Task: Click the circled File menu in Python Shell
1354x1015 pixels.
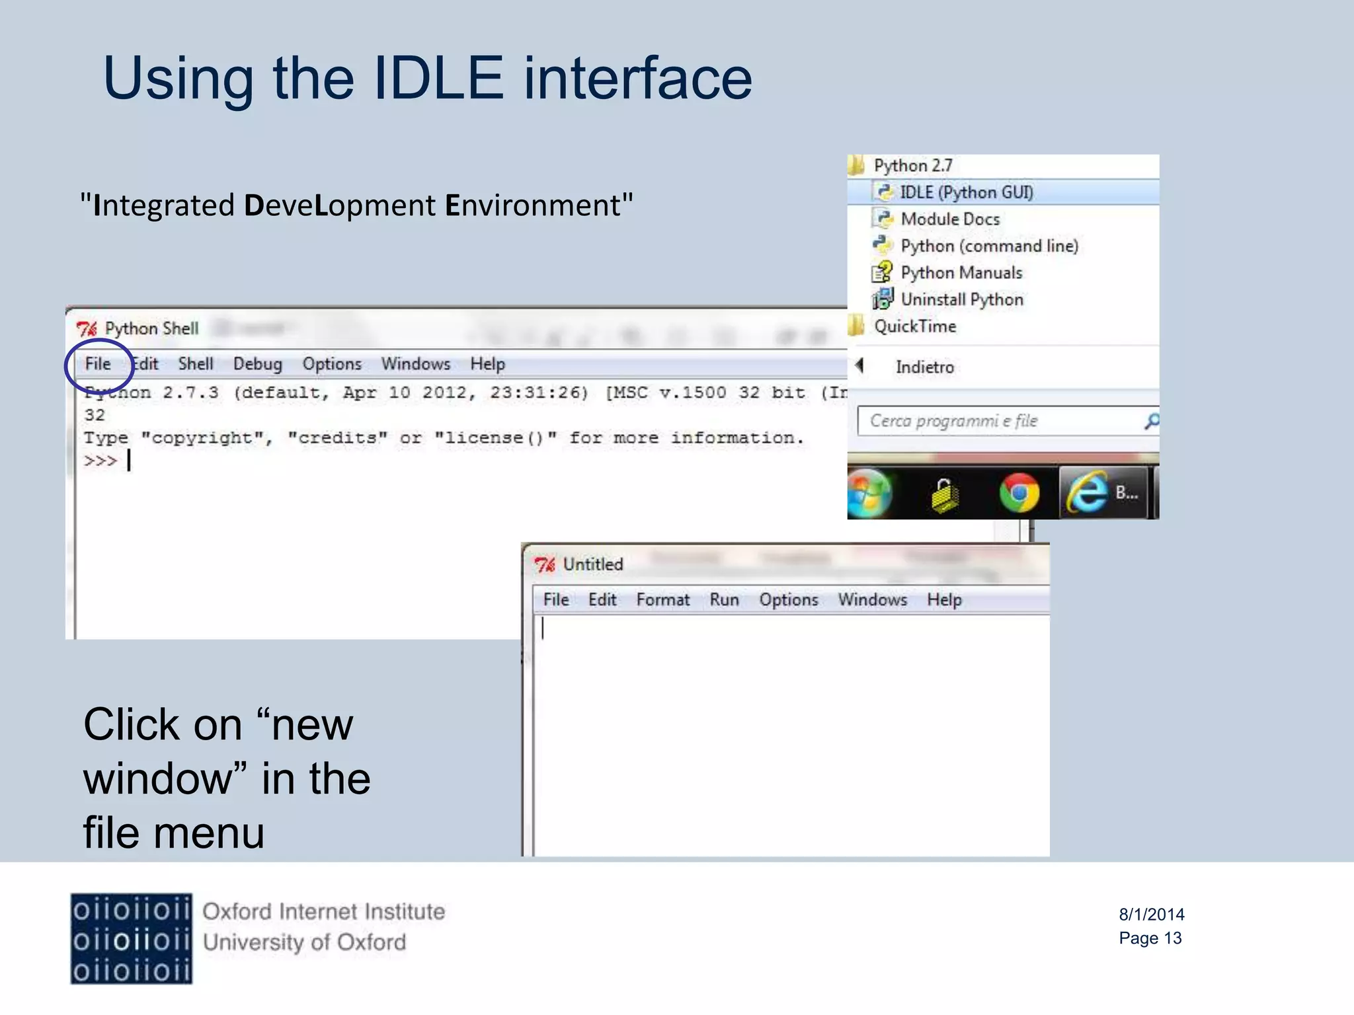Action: coord(98,364)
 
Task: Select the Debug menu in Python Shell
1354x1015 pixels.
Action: coord(257,364)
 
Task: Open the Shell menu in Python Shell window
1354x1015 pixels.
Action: coord(195,364)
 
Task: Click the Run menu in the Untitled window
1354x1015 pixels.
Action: coord(724,600)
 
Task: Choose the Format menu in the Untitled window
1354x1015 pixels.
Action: coord(662,600)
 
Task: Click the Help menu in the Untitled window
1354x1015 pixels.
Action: coord(943,600)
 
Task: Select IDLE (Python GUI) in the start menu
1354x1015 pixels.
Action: coord(965,192)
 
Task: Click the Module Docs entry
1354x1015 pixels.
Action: coord(949,219)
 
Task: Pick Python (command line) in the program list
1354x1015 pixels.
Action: coord(988,246)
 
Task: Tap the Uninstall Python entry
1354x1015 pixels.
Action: coord(961,299)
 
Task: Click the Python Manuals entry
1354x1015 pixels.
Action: coord(961,273)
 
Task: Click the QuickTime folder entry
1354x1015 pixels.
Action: coord(914,326)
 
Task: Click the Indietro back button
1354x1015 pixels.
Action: coord(924,367)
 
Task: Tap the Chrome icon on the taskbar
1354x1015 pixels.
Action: coord(1018,493)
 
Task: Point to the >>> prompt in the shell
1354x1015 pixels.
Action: coord(100,461)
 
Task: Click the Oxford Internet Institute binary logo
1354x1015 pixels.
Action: coord(131,938)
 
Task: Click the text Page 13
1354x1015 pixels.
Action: coord(1150,938)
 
